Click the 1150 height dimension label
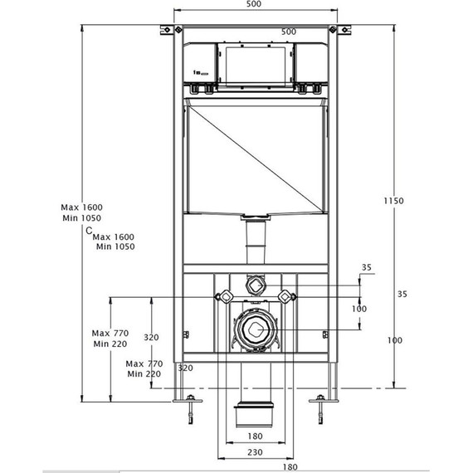(393, 201)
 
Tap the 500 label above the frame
(254, 6)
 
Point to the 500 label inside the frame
(289, 32)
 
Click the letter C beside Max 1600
(89, 232)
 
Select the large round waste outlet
(255, 329)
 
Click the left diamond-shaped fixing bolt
(222, 296)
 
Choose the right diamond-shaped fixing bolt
(286, 296)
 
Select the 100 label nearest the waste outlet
(358, 309)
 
